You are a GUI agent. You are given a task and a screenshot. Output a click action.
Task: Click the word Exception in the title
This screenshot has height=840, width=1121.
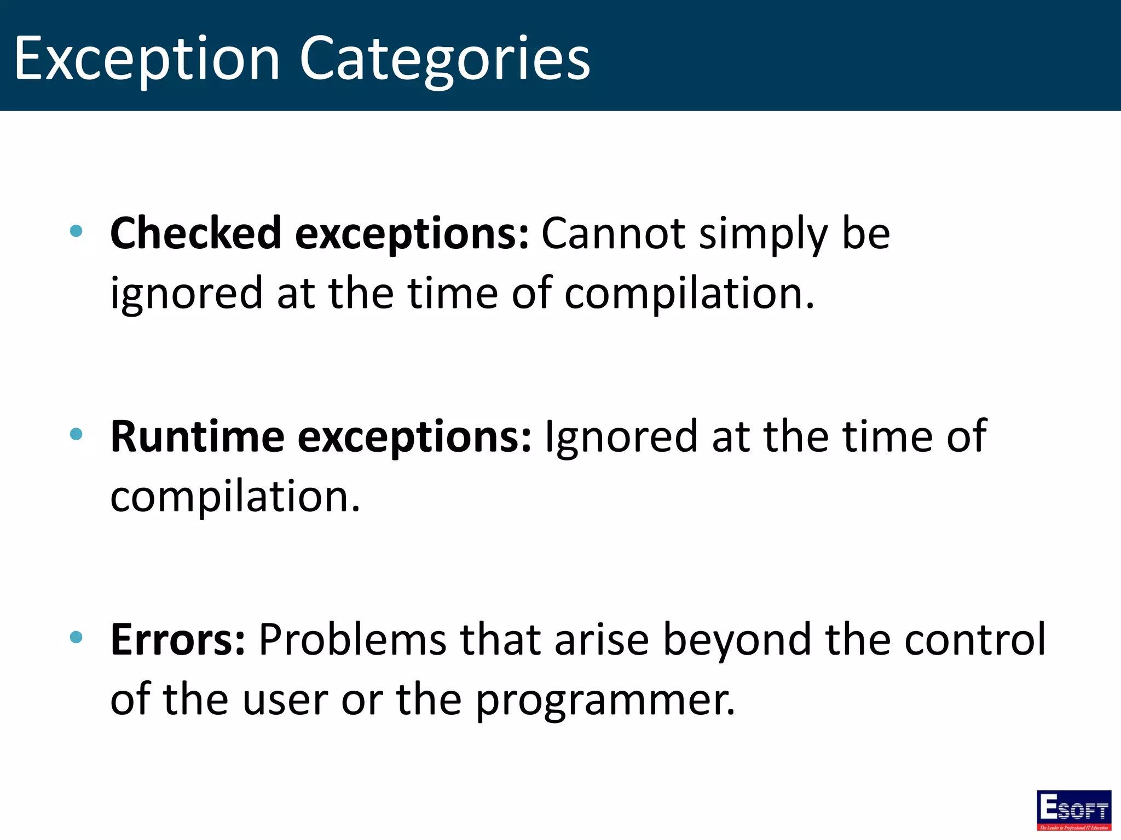(147, 58)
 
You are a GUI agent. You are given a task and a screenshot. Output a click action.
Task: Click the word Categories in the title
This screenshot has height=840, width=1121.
(444, 58)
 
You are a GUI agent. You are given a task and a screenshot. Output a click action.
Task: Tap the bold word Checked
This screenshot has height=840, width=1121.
(196, 233)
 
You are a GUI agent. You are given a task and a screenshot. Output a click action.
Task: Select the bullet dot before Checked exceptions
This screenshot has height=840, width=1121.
(77, 231)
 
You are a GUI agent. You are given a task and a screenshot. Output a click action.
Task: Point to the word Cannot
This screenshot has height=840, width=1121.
(613, 233)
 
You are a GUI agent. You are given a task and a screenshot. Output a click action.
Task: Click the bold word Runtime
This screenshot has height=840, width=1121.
(197, 436)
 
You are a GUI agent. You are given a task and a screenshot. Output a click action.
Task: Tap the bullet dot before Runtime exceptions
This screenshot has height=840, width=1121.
(77, 434)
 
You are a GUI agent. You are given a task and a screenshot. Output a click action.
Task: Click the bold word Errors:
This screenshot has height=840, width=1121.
(178, 639)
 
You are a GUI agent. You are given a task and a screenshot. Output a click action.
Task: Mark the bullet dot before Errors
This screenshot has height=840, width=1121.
(77, 637)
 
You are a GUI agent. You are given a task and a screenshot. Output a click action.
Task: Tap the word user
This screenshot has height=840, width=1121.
(285, 700)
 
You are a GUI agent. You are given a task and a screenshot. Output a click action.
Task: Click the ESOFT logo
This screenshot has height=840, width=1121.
(1074, 809)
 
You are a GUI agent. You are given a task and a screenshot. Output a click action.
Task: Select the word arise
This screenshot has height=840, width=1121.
(601, 639)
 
